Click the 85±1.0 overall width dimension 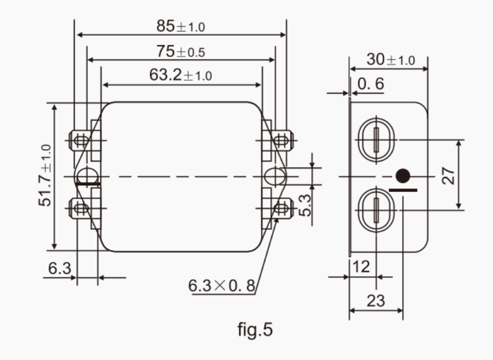click(x=181, y=27)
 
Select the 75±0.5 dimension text click(x=181, y=52)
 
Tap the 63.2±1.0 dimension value click(x=181, y=76)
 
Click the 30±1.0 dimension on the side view click(x=390, y=60)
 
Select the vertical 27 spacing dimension click(x=450, y=175)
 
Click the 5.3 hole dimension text click(x=304, y=204)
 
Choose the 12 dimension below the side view click(x=361, y=266)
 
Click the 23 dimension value click(x=375, y=301)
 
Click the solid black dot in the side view click(x=403, y=176)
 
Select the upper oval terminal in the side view click(x=375, y=140)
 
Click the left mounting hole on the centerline click(x=87, y=176)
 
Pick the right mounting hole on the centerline click(x=275, y=176)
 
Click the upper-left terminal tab click(x=80, y=141)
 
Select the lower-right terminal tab click(x=282, y=208)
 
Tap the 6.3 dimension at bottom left click(x=59, y=269)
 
